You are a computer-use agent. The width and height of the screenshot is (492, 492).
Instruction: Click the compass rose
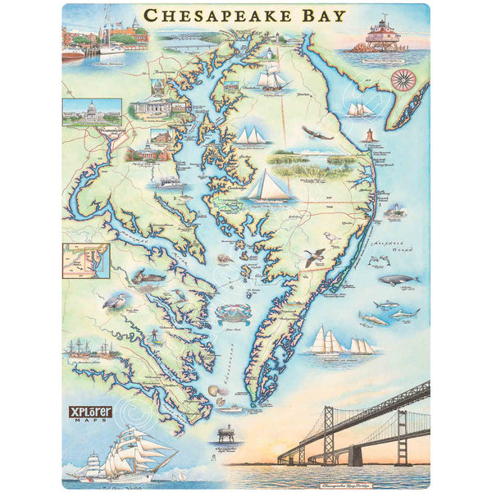click(x=402, y=79)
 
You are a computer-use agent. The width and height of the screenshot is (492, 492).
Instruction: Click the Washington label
click(x=112, y=131)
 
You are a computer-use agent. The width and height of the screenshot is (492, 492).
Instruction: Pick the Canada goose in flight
click(x=312, y=258)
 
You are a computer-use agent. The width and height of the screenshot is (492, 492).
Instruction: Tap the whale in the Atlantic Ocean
click(x=399, y=280)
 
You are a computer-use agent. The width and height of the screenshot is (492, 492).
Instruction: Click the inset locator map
click(x=86, y=260)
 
